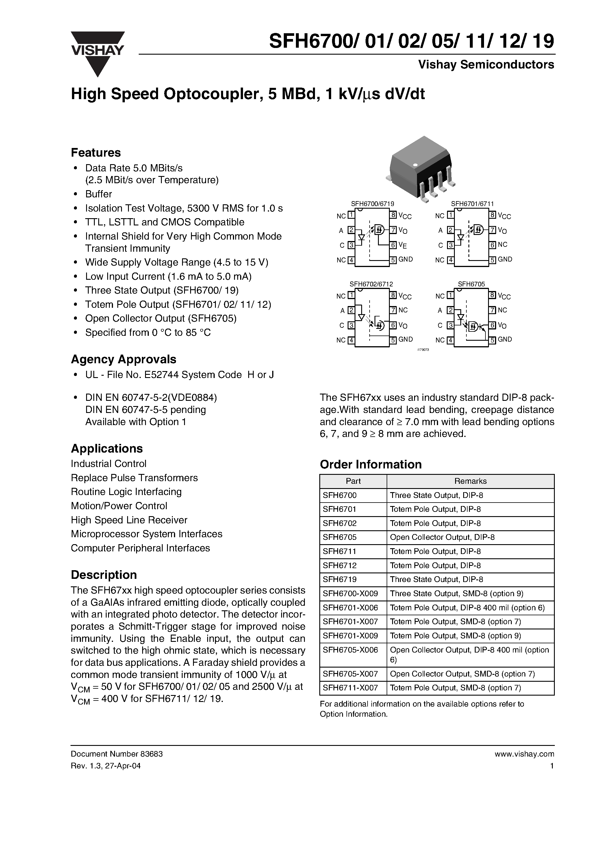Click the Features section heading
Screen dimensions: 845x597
point(96,152)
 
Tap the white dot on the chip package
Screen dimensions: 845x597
point(415,165)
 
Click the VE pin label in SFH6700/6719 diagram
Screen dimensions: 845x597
point(403,245)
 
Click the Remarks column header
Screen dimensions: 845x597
point(470,481)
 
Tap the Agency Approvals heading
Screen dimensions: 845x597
point(123,359)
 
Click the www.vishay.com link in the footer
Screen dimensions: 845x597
point(524,754)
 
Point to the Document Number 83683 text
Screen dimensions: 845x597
point(116,754)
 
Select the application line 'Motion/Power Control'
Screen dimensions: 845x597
point(119,506)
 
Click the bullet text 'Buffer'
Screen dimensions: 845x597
point(98,194)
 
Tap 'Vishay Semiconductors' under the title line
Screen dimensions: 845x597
point(485,65)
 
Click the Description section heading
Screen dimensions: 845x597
point(103,575)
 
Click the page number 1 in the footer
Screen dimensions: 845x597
point(552,766)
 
